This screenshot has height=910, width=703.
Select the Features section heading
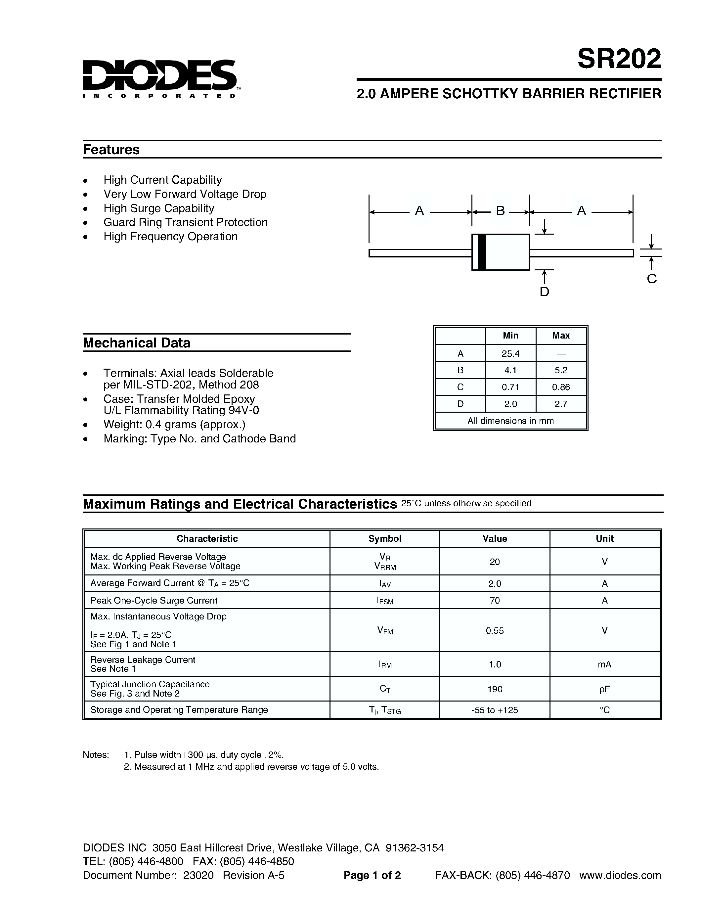[x=111, y=150]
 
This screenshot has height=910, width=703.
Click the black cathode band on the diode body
[x=482, y=252]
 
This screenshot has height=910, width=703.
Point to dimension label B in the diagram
[x=500, y=211]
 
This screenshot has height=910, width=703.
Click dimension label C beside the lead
[x=652, y=279]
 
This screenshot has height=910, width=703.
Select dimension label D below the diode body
[x=544, y=292]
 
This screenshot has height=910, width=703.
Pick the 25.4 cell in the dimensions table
[x=510, y=353]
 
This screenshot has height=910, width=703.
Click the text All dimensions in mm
[x=510, y=421]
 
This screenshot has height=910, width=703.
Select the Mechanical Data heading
[x=137, y=342]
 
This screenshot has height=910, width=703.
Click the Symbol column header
[x=384, y=538]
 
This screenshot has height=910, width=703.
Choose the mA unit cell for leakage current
[x=604, y=664]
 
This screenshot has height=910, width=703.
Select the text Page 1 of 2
[x=372, y=875]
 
